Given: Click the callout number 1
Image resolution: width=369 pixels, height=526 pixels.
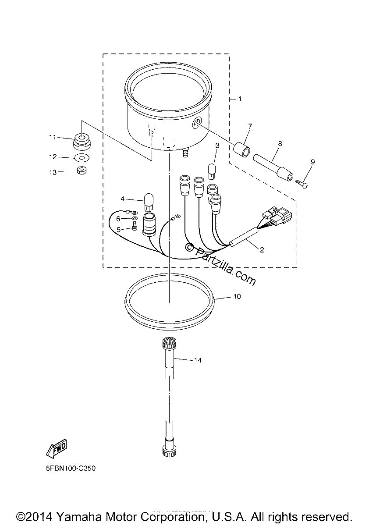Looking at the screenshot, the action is [x=240, y=99].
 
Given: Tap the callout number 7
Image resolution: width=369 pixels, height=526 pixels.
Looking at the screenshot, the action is [x=250, y=127].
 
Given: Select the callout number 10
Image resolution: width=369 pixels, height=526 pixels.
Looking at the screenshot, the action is [x=237, y=297].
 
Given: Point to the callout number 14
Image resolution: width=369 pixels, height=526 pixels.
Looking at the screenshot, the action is [x=198, y=360].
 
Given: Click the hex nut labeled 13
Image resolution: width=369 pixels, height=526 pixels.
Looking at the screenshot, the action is [x=82, y=170].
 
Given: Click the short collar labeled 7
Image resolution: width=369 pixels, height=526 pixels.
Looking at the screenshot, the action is [x=242, y=149].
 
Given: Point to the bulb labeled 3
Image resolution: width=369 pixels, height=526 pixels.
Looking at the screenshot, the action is [x=212, y=172].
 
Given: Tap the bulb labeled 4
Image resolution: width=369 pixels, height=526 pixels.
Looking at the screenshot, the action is [x=149, y=202].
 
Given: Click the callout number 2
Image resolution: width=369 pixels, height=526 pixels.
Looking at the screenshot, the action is [x=262, y=250].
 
